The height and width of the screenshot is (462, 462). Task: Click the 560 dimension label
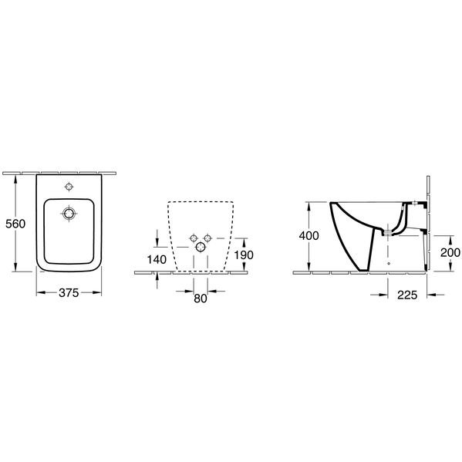(15, 224)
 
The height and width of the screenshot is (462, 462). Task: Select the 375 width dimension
(69, 293)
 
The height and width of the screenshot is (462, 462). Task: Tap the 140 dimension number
(157, 260)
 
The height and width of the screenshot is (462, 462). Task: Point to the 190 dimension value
(244, 255)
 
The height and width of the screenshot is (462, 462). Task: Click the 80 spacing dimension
(201, 298)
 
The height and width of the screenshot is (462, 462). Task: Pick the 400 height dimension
(309, 236)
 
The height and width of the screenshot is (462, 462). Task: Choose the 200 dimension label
(450, 252)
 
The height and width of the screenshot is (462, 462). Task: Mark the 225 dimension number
(407, 295)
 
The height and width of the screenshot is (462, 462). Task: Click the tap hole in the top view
(69, 187)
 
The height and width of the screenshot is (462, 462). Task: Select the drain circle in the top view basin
(69, 213)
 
